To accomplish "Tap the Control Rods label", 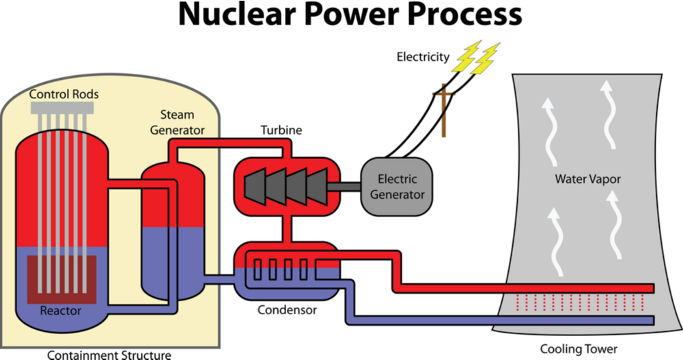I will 64,94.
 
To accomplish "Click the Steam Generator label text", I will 177,122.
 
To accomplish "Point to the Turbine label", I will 281,130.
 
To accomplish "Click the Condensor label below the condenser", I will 287,311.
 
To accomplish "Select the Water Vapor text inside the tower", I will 587,180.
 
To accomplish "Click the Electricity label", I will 423,57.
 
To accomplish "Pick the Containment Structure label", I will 109,354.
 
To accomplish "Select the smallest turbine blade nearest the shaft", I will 317,184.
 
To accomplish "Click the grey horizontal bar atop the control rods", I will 62,108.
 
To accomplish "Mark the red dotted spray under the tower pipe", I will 581,301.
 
